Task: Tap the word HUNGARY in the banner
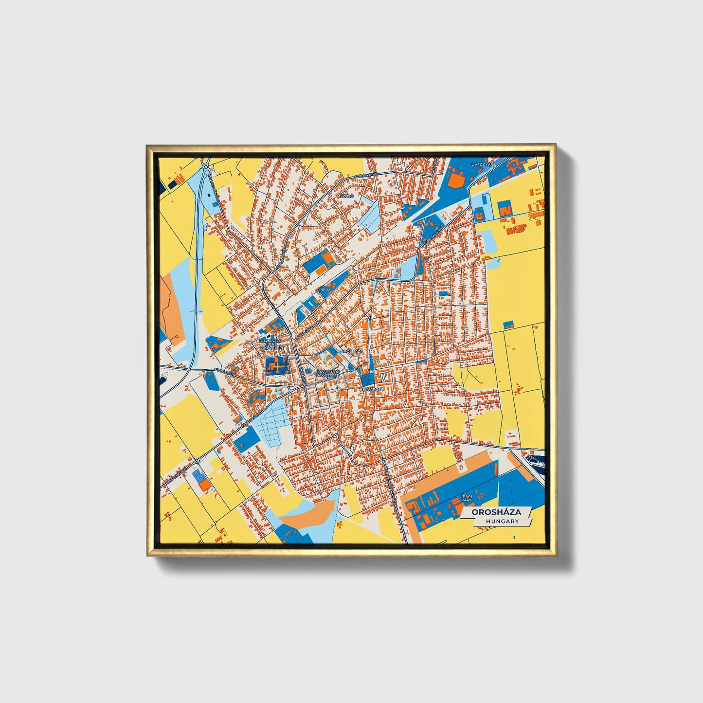[x=502, y=521]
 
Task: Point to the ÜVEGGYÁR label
[x=482, y=165]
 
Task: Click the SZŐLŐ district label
[x=346, y=196]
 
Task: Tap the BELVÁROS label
[x=369, y=390]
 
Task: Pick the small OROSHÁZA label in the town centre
[x=352, y=350]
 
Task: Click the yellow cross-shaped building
[x=276, y=366]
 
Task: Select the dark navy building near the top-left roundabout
[x=173, y=185]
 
